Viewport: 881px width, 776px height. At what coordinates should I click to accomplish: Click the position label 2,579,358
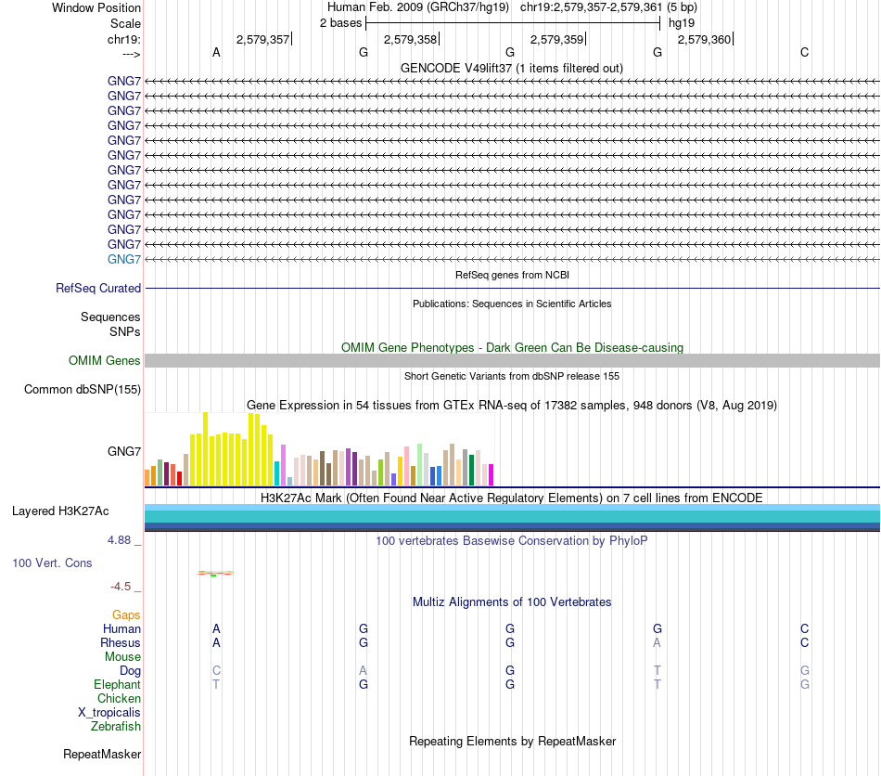coord(410,39)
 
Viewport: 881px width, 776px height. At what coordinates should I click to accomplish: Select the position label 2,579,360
coord(705,39)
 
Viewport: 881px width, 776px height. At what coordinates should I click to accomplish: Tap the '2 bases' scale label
coord(340,22)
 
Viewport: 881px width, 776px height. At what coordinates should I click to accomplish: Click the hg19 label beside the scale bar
coord(682,22)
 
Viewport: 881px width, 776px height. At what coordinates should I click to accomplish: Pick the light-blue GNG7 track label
coord(124,259)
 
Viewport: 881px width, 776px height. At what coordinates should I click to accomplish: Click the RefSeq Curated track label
coord(98,289)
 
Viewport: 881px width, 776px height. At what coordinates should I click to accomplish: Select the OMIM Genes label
coord(105,361)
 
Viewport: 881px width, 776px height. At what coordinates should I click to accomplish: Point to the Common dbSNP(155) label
coord(83,390)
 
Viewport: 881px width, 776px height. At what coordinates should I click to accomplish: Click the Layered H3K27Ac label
coord(60,511)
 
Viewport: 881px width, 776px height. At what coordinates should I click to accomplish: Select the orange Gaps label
coord(126,615)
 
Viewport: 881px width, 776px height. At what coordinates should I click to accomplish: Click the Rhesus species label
coord(121,642)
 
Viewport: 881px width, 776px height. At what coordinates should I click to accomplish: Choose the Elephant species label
coord(118,684)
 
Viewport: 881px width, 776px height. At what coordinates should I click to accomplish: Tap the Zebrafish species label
coord(117,727)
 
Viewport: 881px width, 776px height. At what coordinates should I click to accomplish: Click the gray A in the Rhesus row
coord(657,642)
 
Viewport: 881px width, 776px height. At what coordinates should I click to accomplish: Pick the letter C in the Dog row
coord(216,670)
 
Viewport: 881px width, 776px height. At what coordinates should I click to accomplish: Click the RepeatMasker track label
coord(102,755)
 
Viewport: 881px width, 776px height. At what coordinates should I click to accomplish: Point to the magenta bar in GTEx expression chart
coord(491,474)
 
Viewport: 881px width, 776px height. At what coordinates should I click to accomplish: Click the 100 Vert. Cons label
coord(53,563)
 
